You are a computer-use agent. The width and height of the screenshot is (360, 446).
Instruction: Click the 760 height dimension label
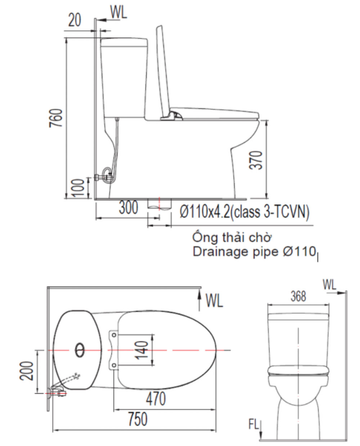(56, 118)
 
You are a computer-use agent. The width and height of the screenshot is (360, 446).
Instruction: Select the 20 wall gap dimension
(75, 20)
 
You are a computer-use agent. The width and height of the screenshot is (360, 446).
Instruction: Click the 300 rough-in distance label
(128, 208)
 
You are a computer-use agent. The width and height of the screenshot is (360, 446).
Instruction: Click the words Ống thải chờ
(232, 238)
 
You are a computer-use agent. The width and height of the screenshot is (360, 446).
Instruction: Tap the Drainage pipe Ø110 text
(255, 252)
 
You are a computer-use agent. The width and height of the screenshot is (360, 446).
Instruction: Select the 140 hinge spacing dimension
(143, 350)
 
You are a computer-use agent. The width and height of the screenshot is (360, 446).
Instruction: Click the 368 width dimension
(298, 296)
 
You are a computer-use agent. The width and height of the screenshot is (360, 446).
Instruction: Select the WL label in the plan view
(214, 300)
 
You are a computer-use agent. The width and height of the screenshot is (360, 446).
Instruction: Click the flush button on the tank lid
(80, 349)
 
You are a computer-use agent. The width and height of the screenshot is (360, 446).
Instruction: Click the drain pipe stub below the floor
(159, 204)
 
